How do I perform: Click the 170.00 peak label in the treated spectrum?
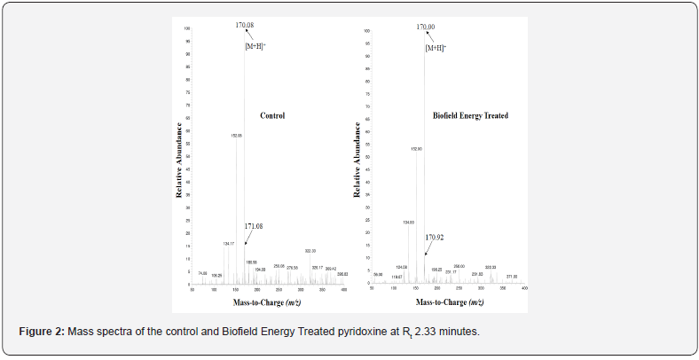pyautogui.click(x=426, y=27)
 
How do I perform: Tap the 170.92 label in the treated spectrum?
pyautogui.click(x=434, y=238)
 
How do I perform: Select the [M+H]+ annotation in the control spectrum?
pyautogui.click(x=255, y=45)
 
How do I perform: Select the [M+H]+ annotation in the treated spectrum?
pyautogui.click(x=436, y=48)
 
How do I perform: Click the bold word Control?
pyautogui.click(x=271, y=115)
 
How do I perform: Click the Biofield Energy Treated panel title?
pyautogui.click(x=470, y=115)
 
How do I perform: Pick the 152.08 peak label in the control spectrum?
pyautogui.click(x=237, y=137)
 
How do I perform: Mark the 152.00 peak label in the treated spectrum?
pyautogui.click(x=416, y=149)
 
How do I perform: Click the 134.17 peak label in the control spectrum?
pyautogui.click(x=229, y=243)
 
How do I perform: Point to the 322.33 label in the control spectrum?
pyautogui.click(x=310, y=252)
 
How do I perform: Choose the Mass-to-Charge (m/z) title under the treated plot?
pyautogui.click(x=450, y=302)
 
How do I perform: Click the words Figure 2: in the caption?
pyautogui.click(x=41, y=331)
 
